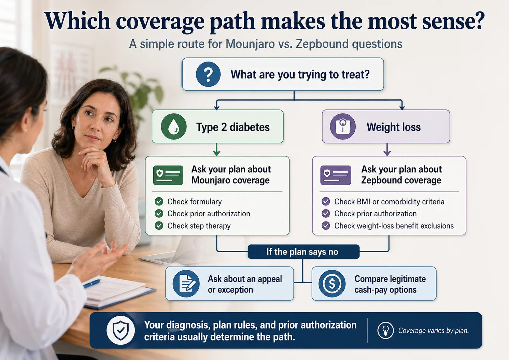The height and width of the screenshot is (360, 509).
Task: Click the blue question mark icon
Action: pyautogui.click(x=208, y=74)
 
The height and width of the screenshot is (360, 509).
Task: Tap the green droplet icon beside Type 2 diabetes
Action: pyautogui.click(x=174, y=127)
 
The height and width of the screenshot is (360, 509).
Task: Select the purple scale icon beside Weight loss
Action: pyautogui.click(x=343, y=127)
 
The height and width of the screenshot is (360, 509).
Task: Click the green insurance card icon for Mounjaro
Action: pyautogui.click(x=168, y=175)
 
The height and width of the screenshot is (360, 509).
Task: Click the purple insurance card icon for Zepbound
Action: pyautogui.click(x=335, y=175)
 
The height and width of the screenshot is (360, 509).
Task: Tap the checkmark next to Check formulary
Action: pyautogui.click(x=159, y=201)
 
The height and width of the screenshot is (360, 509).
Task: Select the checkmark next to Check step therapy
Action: pyautogui.click(x=159, y=226)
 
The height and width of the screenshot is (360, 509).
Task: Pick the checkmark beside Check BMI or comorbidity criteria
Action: pyautogui.click(x=326, y=201)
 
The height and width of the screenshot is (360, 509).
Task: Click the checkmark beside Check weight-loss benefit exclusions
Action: pyautogui.click(x=326, y=226)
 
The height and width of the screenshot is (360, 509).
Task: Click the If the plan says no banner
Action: pyautogui.click(x=303, y=252)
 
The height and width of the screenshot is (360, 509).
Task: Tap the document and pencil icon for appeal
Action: pyautogui.click(x=186, y=284)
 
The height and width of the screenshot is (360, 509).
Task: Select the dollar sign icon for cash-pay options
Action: pyautogui.click(x=332, y=284)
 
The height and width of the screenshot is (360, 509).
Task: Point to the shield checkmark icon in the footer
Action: pyautogui.click(x=121, y=330)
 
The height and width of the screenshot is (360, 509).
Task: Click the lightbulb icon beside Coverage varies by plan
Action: pyautogui.click(x=385, y=331)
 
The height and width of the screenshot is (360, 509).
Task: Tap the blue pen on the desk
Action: pyautogui.click(x=92, y=283)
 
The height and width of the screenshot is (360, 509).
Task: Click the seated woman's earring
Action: pyautogui.click(x=114, y=140)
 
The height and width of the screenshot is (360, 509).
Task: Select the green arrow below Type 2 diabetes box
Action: pyautogui.click(x=216, y=150)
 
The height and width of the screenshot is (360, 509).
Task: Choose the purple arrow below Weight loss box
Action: pyautogui.click(x=387, y=150)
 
